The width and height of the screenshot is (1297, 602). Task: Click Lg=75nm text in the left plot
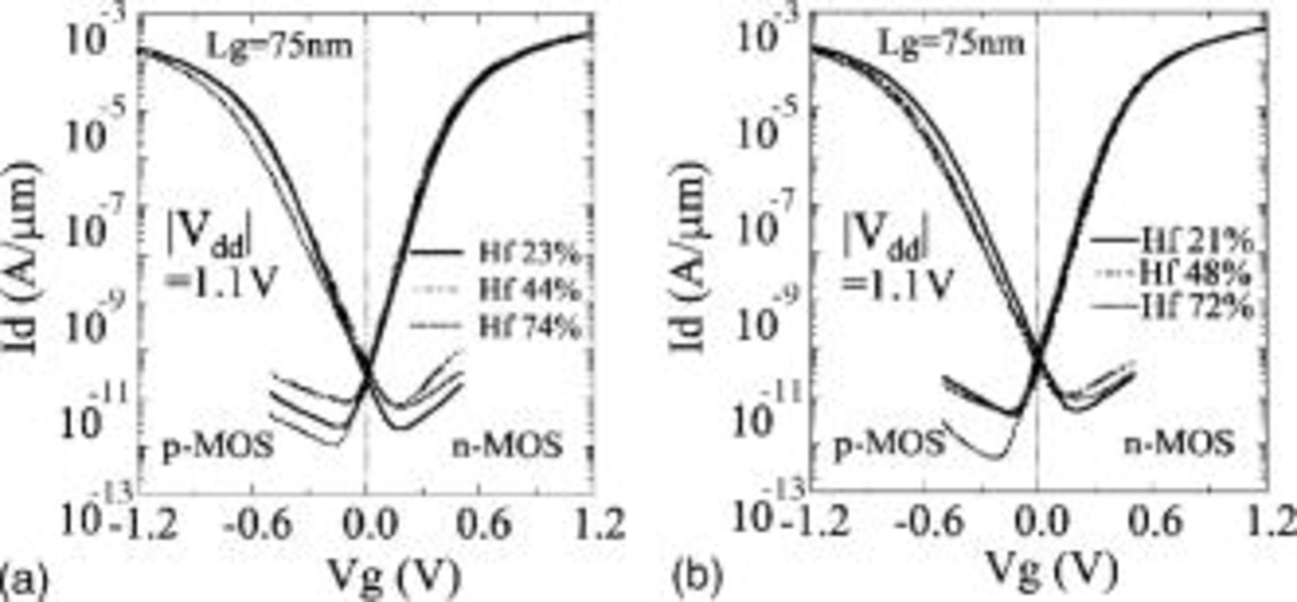pos(280,47)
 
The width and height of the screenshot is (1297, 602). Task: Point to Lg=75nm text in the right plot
pos(950,44)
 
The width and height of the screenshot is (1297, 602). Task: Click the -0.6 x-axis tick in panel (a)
pos(257,525)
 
